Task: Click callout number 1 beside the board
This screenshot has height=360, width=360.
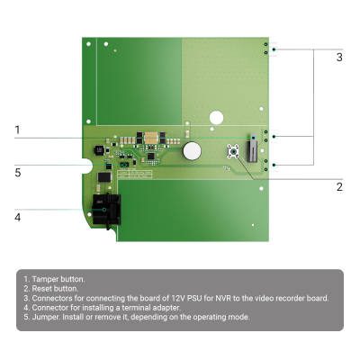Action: (17, 130)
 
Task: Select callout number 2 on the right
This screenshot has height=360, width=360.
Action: (339, 187)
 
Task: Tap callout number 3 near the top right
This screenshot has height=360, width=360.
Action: (339, 57)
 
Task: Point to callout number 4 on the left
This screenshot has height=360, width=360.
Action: (18, 217)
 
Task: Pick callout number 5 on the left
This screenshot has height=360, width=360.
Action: (18, 173)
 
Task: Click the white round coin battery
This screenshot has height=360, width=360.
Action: (192, 150)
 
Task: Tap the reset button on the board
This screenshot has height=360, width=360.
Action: (233, 151)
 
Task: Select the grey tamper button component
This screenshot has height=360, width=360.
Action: (252, 148)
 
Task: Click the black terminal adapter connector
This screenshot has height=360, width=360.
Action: (106, 210)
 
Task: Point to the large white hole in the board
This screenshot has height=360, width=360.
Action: (216, 118)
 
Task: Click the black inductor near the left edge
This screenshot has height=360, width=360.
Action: (99, 150)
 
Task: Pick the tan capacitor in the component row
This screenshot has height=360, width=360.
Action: (151, 138)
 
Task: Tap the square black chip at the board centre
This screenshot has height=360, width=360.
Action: (151, 157)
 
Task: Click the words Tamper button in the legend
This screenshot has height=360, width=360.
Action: (58, 279)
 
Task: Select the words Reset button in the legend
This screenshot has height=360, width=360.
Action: (55, 289)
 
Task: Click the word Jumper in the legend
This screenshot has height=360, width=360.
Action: (46, 317)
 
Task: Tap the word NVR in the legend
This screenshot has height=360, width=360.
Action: (223, 298)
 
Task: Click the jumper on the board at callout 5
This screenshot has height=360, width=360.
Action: (124, 165)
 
